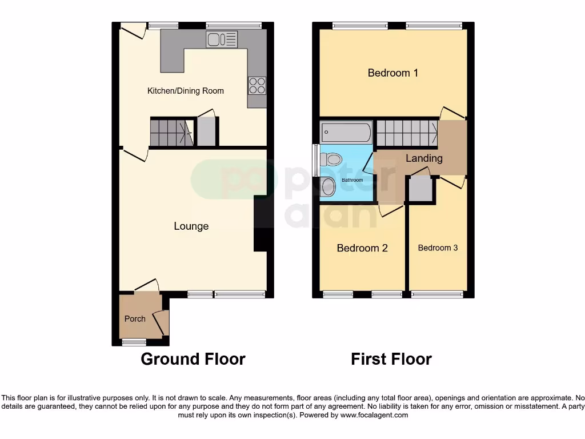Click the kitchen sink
[x=222, y=39]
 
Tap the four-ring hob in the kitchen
[x=257, y=85]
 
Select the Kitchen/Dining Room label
[x=186, y=91]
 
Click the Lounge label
[x=191, y=226]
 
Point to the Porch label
[x=135, y=319]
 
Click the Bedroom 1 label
[x=392, y=73]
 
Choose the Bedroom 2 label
[x=362, y=248]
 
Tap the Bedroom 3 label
[x=438, y=248]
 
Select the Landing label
[x=424, y=158]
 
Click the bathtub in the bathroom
[x=346, y=133]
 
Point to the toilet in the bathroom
[x=330, y=158]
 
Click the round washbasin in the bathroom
[x=328, y=186]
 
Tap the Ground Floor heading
[x=193, y=359]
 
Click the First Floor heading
[x=391, y=359]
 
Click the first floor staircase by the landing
[x=406, y=133]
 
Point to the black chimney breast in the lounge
[x=260, y=224]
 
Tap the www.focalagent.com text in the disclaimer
[x=374, y=415]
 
